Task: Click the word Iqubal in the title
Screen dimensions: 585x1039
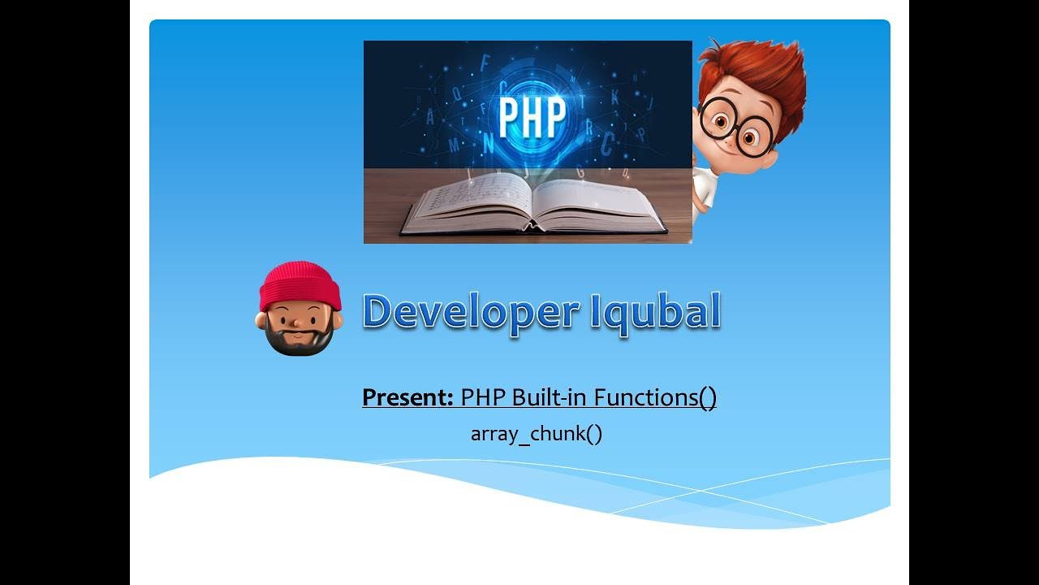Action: tap(655, 312)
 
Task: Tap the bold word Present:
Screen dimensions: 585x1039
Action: tap(407, 398)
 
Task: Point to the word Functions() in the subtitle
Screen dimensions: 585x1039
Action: tap(655, 398)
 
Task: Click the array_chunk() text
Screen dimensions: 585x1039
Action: tap(537, 434)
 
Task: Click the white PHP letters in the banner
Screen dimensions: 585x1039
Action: tap(532, 119)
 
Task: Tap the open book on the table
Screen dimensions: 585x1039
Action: tap(532, 203)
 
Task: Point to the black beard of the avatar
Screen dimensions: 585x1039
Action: tap(300, 340)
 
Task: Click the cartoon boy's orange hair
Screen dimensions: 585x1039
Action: tap(759, 73)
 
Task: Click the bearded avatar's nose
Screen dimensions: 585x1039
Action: tap(298, 324)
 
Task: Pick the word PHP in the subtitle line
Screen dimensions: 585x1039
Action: tap(478, 398)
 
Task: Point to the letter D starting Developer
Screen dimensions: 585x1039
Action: tap(378, 312)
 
